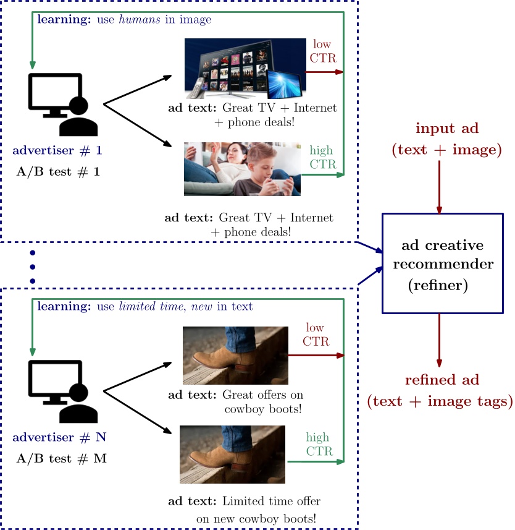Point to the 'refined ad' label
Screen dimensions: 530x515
click(439, 390)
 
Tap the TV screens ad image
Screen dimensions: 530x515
click(246, 69)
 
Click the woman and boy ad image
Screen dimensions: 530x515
click(242, 169)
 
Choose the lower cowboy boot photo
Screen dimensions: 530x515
click(233, 453)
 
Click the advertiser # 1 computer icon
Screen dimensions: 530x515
click(62, 104)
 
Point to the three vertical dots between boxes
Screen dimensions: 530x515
click(33, 267)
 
